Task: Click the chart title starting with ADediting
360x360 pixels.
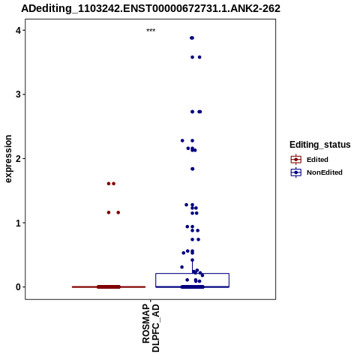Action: click(x=151, y=8)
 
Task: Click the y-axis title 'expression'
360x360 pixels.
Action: click(x=8, y=159)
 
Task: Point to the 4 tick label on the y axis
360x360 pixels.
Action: click(x=18, y=31)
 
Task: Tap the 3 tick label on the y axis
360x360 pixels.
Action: click(x=18, y=94)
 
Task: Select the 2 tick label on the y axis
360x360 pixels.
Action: click(x=18, y=159)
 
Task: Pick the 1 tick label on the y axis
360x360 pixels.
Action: click(x=18, y=223)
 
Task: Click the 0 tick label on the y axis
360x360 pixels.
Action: click(x=18, y=287)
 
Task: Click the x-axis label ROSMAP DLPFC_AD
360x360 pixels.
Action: click(x=151, y=328)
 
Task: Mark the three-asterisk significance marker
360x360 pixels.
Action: click(x=151, y=31)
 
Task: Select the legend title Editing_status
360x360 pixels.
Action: click(x=320, y=145)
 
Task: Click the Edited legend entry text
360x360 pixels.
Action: click(x=317, y=160)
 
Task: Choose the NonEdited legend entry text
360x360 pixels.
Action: click(x=325, y=172)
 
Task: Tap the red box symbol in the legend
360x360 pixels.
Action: click(x=296, y=160)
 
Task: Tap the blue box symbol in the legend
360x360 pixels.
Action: click(x=296, y=172)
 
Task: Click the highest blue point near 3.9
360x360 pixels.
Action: click(x=192, y=38)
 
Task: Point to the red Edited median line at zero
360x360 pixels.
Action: click(x=109, y=287)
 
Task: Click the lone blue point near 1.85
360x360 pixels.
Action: click(x=193, y=169)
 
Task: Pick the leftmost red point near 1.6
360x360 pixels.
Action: click(x=109, y=184)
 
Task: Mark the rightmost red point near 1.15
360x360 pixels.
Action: click(x=118, y=212)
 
